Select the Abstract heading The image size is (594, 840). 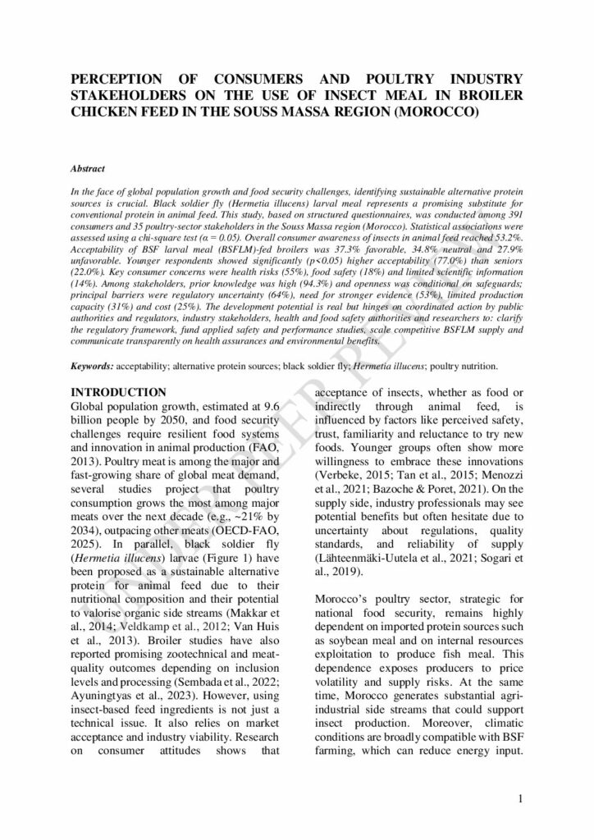coord(88,168)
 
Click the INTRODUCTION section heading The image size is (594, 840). coord(118,393)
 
